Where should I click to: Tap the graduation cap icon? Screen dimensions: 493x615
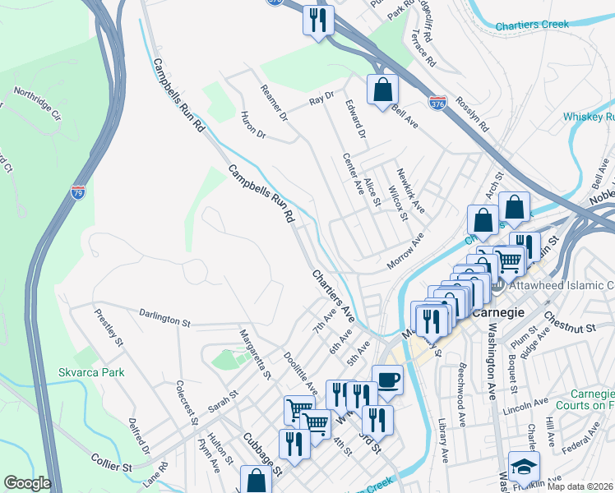(524, 467)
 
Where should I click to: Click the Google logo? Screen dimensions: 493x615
(27, 483)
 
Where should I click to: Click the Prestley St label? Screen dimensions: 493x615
(109, 326)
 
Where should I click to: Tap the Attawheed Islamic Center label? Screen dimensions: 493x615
(562, 285)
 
